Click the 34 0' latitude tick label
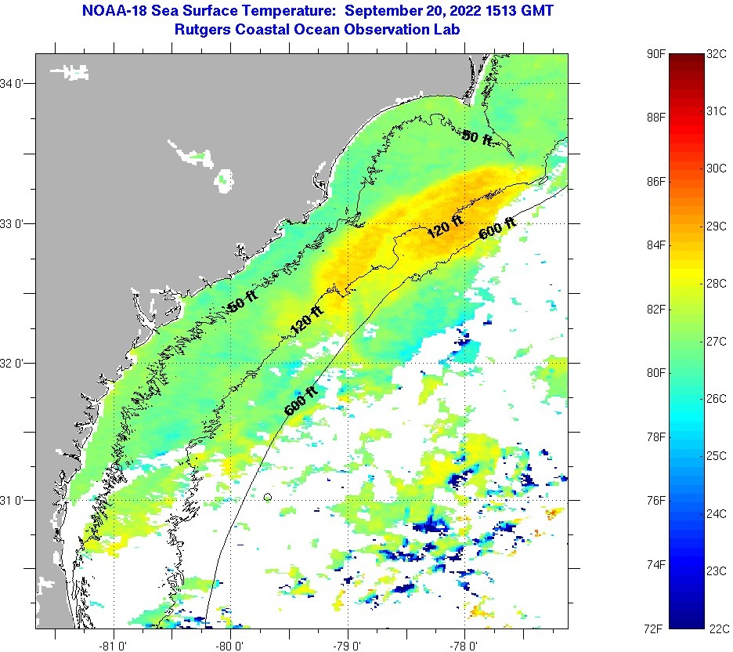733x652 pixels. coord(15,83)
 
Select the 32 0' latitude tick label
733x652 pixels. coord(15,363)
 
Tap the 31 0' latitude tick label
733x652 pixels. coord(15,500)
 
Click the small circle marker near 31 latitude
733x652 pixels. coord(268,497)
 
